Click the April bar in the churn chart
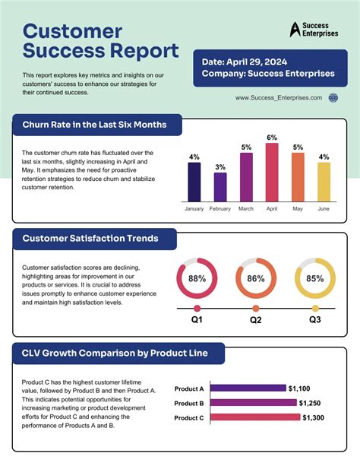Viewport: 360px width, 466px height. click(272, 173)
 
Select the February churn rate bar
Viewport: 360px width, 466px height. click(220, 187)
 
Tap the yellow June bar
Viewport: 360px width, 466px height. click(324, 182)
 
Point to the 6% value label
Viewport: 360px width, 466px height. click(272, 138)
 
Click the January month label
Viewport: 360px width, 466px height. click(194, 208)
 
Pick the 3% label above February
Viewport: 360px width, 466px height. click(220, 167)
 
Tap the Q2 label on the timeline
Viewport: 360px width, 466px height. click(256, 320)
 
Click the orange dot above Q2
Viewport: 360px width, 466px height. click(256, 308)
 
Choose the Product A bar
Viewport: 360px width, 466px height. click(248, 388)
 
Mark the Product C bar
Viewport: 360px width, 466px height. click(255, 417)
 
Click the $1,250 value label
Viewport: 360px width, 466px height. click(310, 403)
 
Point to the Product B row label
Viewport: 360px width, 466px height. click(189, 404)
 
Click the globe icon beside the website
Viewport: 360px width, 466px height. click(333, 98)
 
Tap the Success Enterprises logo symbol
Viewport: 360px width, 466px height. click(295, 30)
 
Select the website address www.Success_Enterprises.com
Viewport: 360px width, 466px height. click(279, 98)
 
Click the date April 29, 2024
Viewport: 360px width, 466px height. click(257, 62)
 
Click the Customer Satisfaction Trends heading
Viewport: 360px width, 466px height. click(90, 239)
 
